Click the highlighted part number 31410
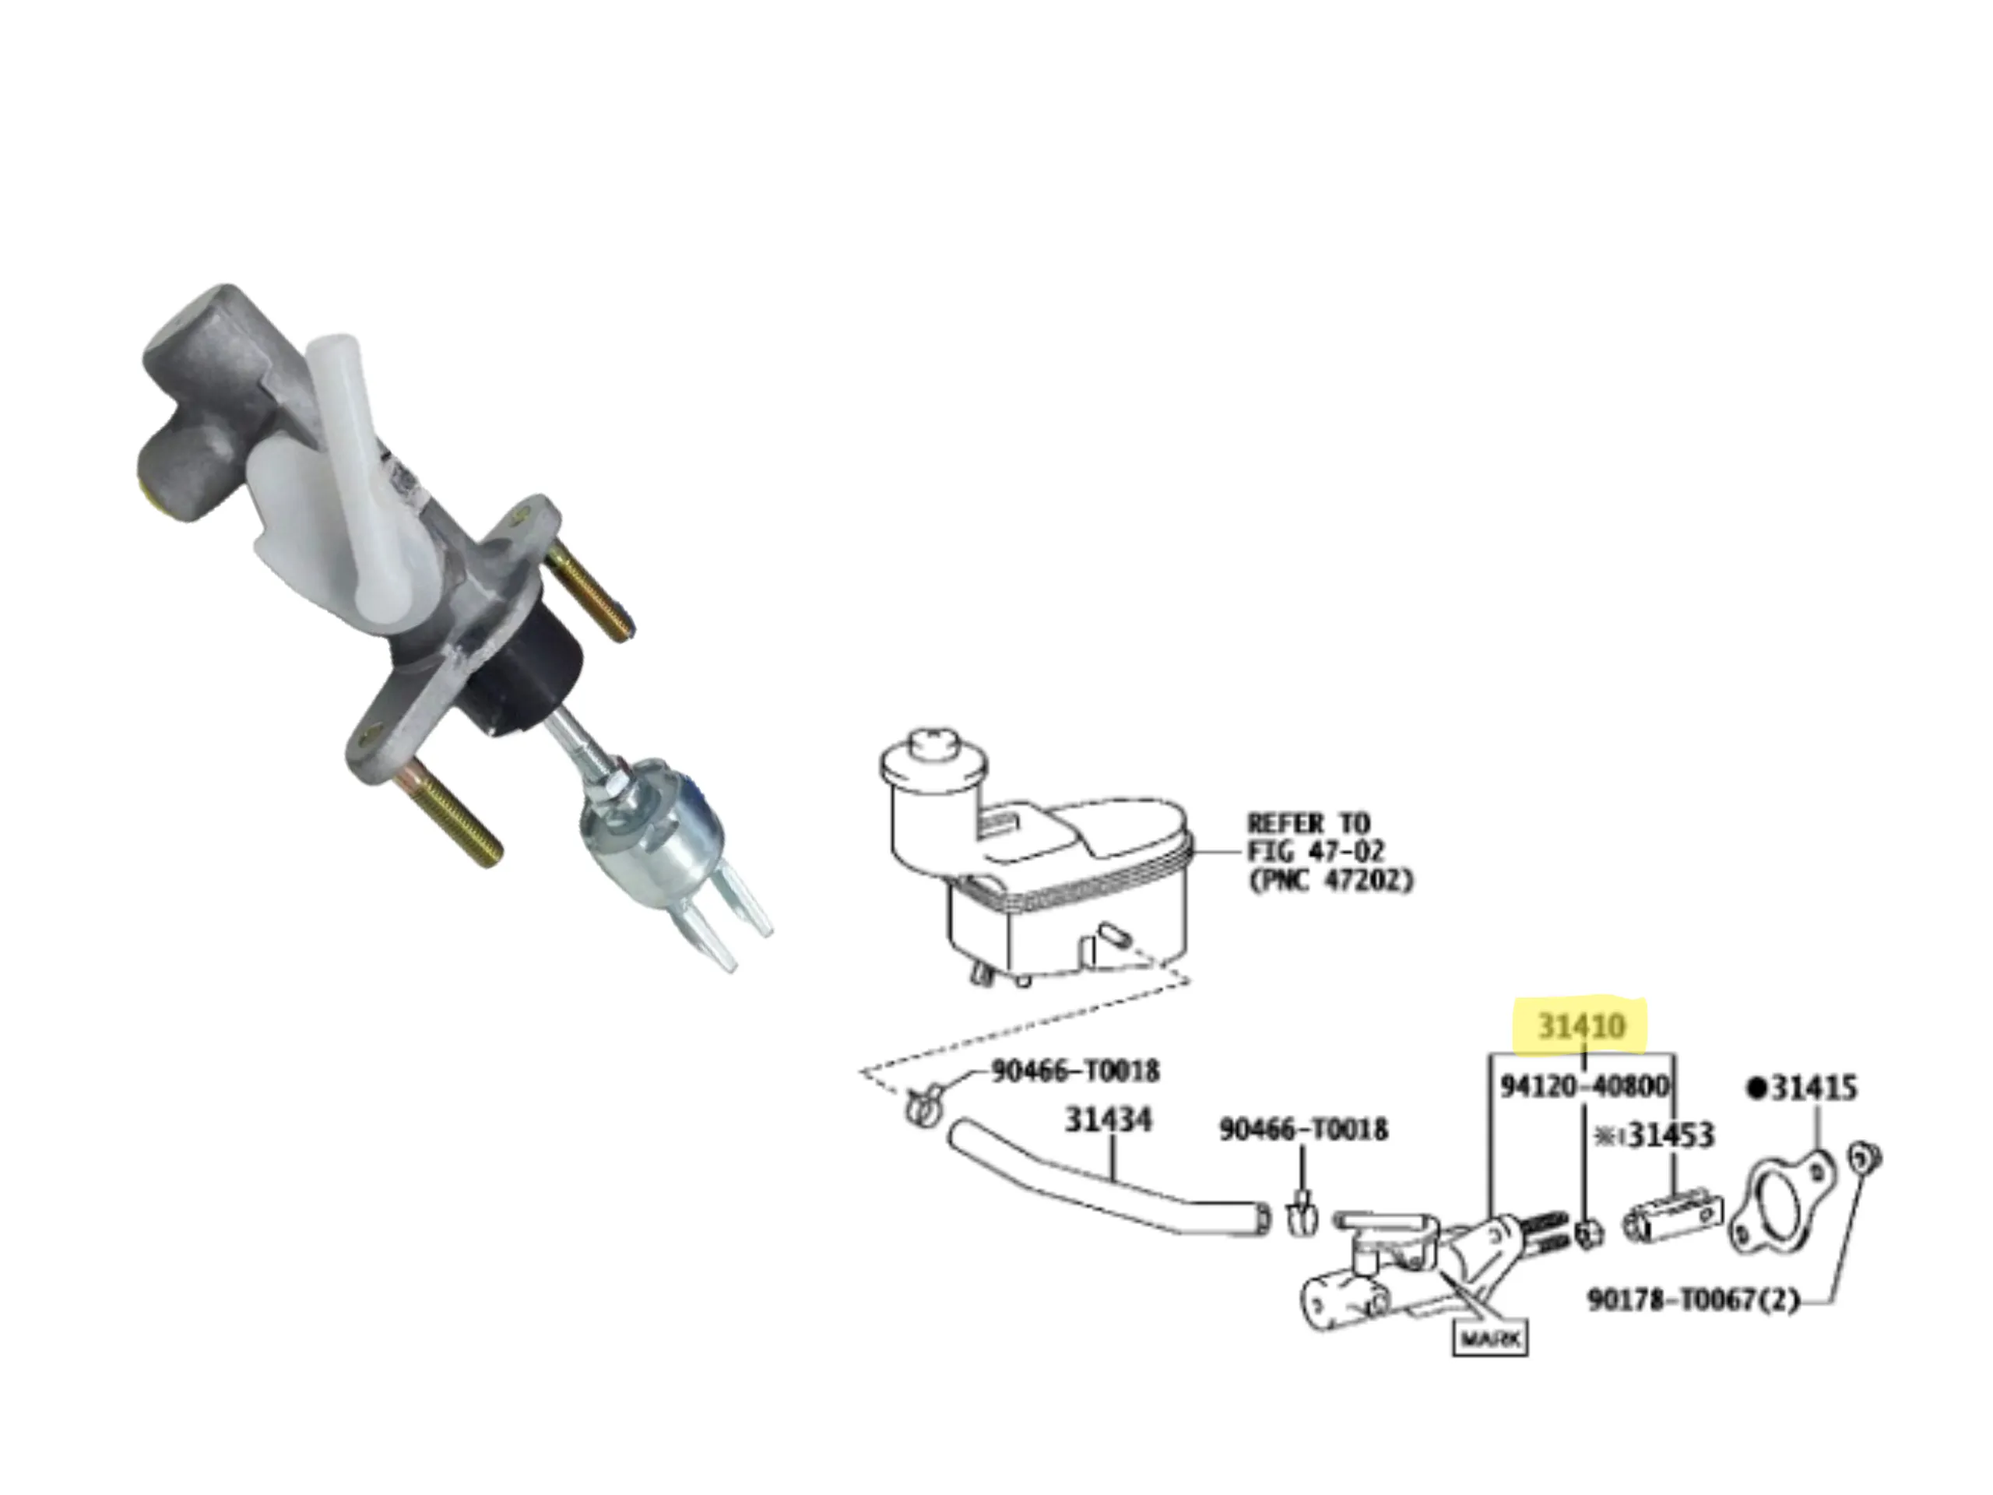pyautogui.click(x=1581, y=1026)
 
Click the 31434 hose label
pyautogui.click(x=1109, y=1120)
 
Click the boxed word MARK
pyautogui.click(x=1490, y=1340)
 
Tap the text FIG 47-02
pyautogui.click(x=1316, y=851)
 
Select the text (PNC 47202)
pyautogui.click(x=1330, y=880)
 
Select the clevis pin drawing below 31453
pyautogui.click(x=1672, y=1219)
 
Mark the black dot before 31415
pyautogui.click(x=1756, y=1089)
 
